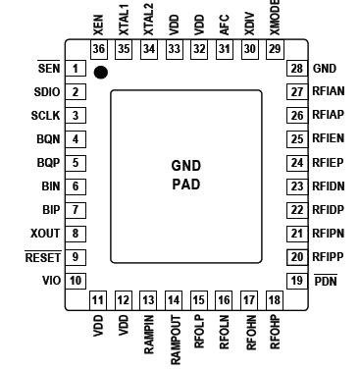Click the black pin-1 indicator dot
tap(100, 72)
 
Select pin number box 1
tap(75, 69)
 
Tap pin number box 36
tap(98, 49)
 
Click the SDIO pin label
tap(47, 91)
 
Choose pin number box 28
tap(293, 69)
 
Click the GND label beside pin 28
tap(324, 69)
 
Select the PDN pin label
tap(325, 281)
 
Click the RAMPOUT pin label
tap(174, 334)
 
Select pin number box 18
tap(274, 299)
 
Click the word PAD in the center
tap(185, 184)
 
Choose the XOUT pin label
tap(46, 234)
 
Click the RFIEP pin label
tap(328, 162)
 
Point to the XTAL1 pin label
tap(123, 23)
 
